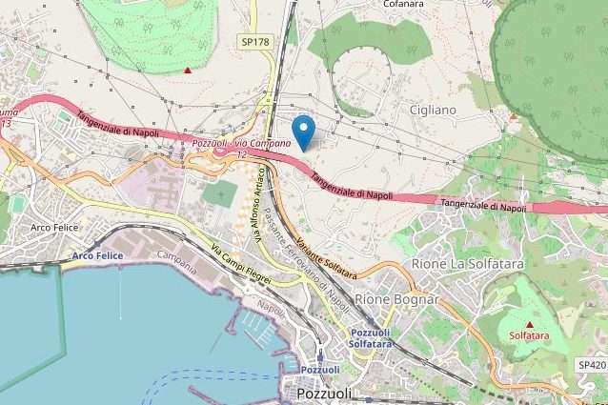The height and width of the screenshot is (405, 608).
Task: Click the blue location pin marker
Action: [303, 132]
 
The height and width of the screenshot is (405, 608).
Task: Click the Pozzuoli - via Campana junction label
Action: [229, 143]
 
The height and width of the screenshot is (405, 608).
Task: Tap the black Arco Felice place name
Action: [53, 227]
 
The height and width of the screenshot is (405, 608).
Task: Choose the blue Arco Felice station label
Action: [97, 255]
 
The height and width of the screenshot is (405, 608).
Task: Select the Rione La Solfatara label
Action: [469, 262]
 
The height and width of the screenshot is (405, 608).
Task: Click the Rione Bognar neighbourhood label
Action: [396, 299]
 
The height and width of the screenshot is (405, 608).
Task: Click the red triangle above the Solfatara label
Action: [529, 324]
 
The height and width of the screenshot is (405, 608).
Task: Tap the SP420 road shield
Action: [591, 365]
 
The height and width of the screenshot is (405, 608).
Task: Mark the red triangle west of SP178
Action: [188, 70]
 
